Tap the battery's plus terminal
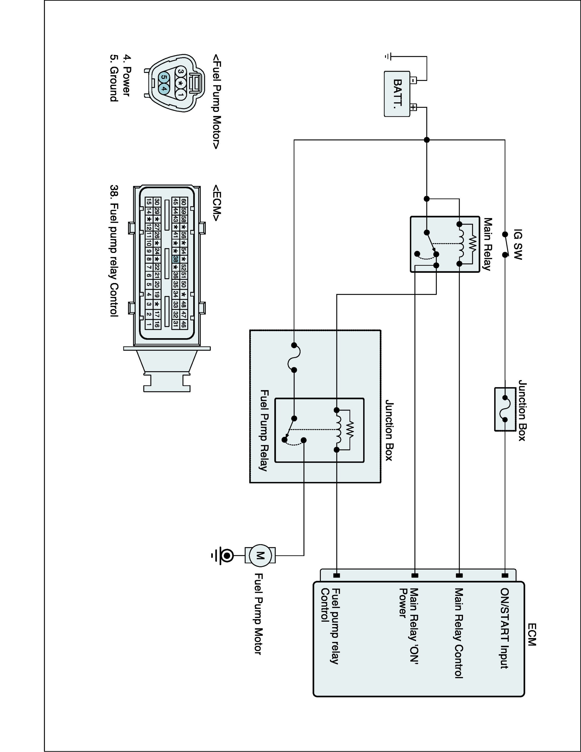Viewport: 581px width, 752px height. pyautogui.click(x=413, y=107)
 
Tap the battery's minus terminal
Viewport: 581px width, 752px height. pyautogui.click(x=413, y=80)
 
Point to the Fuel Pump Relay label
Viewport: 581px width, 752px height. pyautogui.click(x=264, y=430)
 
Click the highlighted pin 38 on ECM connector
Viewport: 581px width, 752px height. pyautogui.click(x=175, y=259)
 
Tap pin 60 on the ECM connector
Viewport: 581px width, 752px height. pyautogui.click(x=184, y=202)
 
